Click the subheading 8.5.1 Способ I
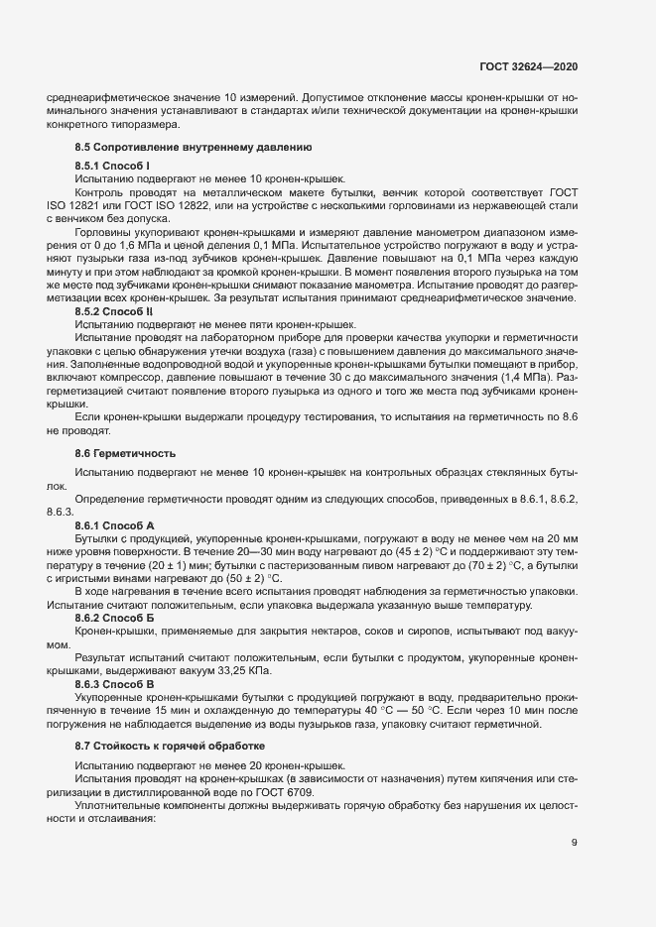click(112, 165)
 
